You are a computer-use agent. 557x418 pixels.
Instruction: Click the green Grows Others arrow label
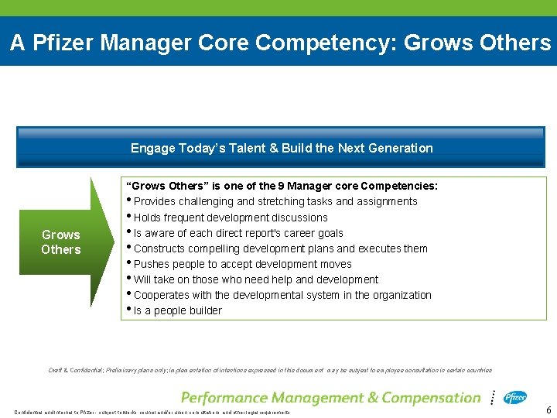pyautogui.click(x=61, y=242)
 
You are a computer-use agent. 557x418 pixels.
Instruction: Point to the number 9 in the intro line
pyautogui.click(x=275, y=186)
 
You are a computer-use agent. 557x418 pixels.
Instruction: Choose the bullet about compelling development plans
pyautogui.click(x=280, y=248)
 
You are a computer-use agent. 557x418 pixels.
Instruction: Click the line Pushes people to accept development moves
pyautogui.click(x=243, y=264)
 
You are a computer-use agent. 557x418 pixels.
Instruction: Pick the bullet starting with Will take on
pyautogui.click(x=256, y=279)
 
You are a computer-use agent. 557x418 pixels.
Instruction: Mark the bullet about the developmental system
pyautogui.click(x=282, y=295)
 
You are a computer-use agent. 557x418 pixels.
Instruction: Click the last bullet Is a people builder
pyautogui.click(x=178, y=310)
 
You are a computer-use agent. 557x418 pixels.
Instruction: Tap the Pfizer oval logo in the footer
pyautogui.click(x=515, y=398)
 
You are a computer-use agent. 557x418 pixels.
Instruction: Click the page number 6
pyautogui.click(x=548, y=410)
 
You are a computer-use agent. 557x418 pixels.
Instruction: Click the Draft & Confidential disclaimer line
pyautogui.click(x=270, y=370)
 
